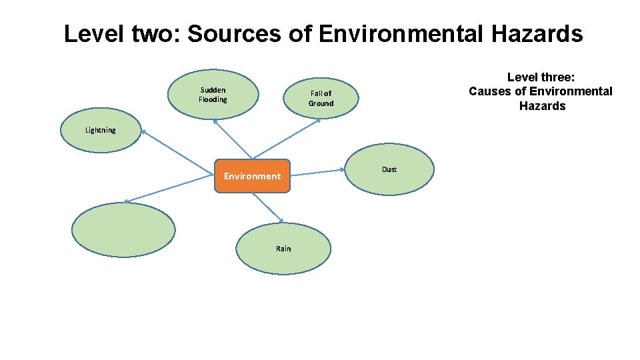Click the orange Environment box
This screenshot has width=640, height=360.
(x=252, y=176)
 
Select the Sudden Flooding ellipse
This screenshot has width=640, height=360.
(x=213, y=94)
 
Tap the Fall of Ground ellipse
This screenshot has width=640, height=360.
(x=320, y=99)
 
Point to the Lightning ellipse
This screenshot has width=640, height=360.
(x=100, y=130)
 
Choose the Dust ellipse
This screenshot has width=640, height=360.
(x=389, y=169)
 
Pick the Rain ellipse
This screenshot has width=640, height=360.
(x=283, y=249)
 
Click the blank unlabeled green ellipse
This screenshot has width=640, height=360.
(x=123, y=230)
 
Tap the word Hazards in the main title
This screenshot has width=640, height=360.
(x=540, y=34)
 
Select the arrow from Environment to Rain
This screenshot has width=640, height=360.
(x=270, y=207)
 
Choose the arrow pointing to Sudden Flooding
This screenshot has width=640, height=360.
(x=233, y=139)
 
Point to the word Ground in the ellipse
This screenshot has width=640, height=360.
(x=321, y=103)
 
